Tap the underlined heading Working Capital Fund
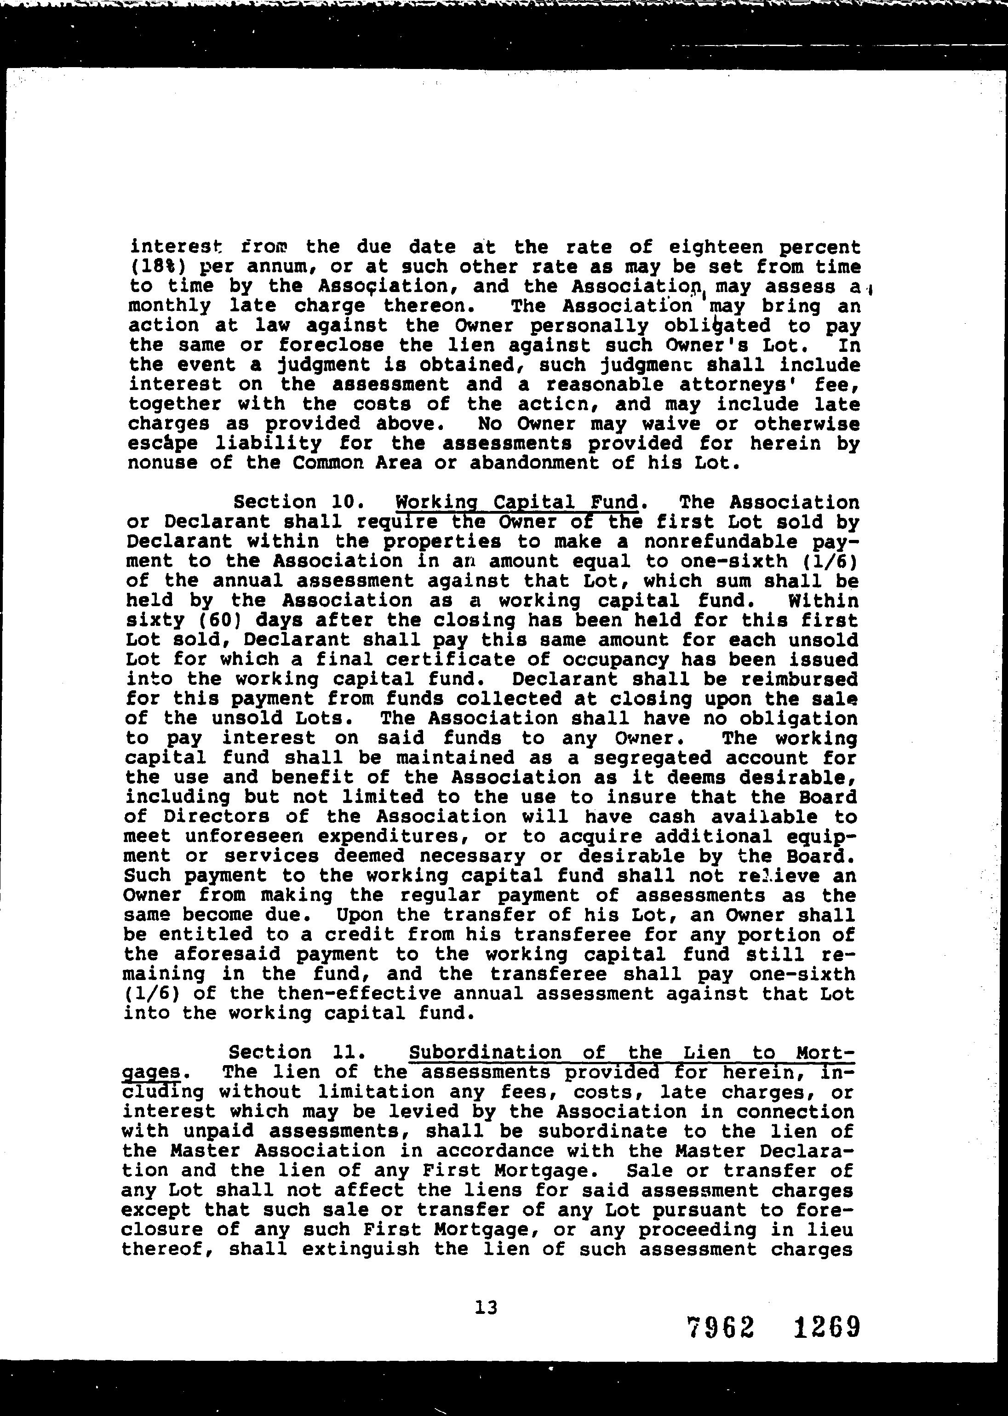click(x=517, y=502)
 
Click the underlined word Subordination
click(x=485, y=1052)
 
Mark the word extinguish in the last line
click(x=361, y=1249)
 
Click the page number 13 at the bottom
click(x=486, y=1308)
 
